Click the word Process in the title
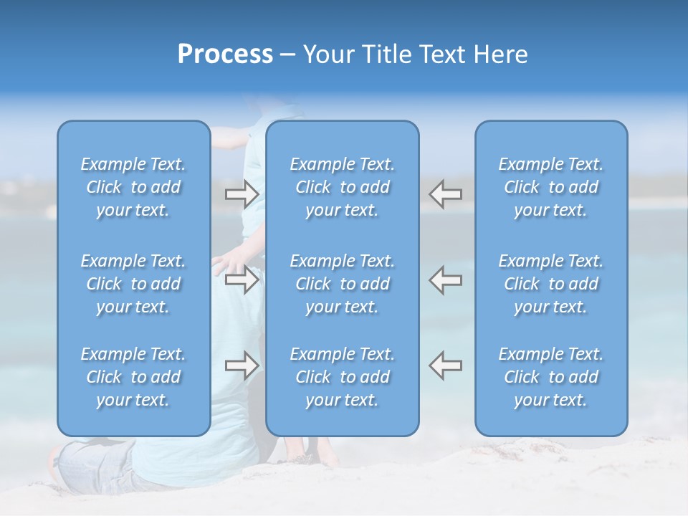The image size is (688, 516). coord(225,54)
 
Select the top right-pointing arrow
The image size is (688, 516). coord(242,193)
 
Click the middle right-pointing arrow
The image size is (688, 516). coord(242,279)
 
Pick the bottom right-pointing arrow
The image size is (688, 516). coord(242,365)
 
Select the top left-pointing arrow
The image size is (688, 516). coord(446,193)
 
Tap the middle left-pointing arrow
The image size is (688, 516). coord(446,279)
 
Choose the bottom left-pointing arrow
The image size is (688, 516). coord(446,365)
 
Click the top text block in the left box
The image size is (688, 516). coord(133,187)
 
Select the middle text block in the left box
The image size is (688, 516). coord(133,284)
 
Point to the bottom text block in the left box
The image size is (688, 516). coord(133,377)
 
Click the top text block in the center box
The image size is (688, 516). coord(343,187)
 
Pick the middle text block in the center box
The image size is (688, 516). coord(343,284)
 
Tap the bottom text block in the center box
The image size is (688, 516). coord(343,377)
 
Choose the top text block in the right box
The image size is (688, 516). coord(551,187)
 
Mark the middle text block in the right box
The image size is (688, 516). coord(551,284)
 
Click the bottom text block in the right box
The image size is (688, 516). coord(551,377)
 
